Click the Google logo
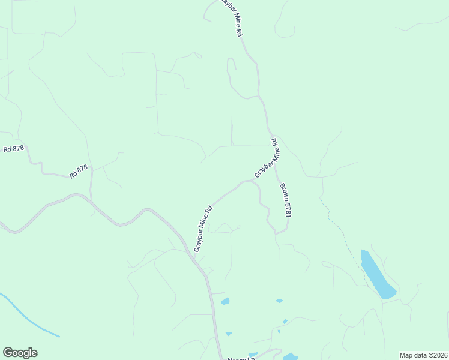pyautogui.click(x=20, y=353)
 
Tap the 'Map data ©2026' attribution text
pyautogui.click(x=423, y=355)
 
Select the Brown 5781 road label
pyautogui.click(x=284, y=200)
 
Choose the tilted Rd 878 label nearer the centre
pyautogui.click(x=79, y=172)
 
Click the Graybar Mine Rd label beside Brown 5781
pyautogui.click(x=267, y=158)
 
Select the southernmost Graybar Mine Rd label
pyautogui.click(x=203, y=229)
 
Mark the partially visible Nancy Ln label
pyautogui.click(x=241, y=358)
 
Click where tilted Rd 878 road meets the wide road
pyautogui.click(x=91, y=201)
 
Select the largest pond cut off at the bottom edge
pyautogui.click(x=291, y=357)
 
